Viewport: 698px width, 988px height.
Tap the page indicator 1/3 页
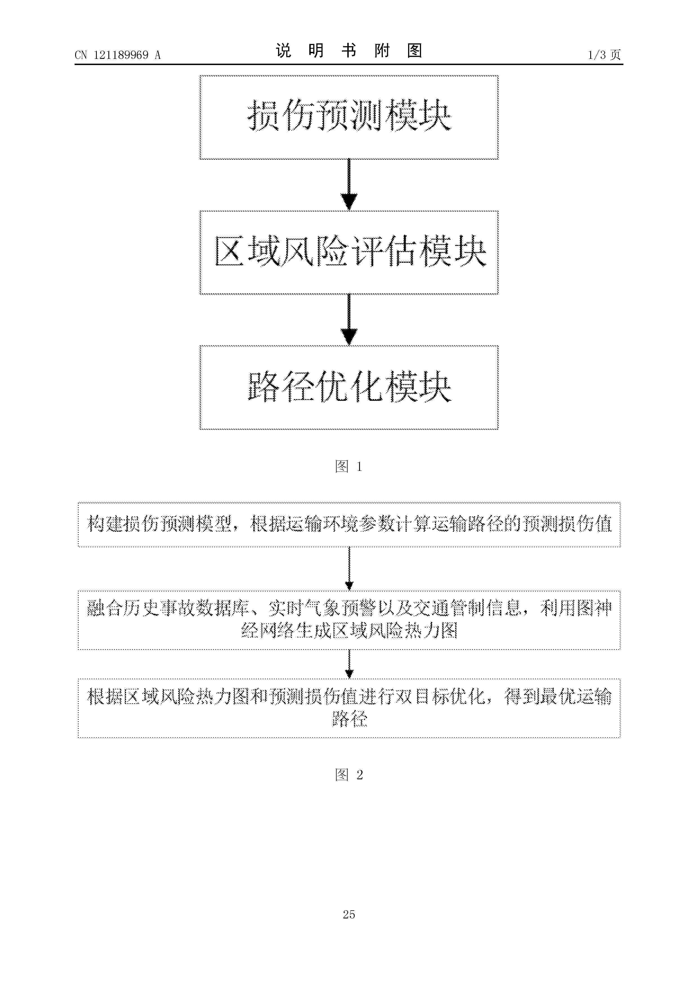click(604, 55)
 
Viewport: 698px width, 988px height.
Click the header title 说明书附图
click(349, 51)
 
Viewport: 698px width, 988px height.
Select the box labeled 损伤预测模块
click(349, 117)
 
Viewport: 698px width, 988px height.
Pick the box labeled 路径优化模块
click(349, 387)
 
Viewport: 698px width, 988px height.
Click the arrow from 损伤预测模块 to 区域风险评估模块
click(349, 185)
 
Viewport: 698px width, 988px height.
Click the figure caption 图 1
click(349, 466)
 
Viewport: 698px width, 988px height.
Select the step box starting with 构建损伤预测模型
click(349, 524)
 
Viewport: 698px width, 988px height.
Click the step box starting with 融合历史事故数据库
click(349, 620)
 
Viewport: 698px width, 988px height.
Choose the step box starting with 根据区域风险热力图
click(349, 708)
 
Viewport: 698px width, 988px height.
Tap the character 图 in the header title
click(415, 51)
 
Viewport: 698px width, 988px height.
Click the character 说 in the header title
click(283, 51)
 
